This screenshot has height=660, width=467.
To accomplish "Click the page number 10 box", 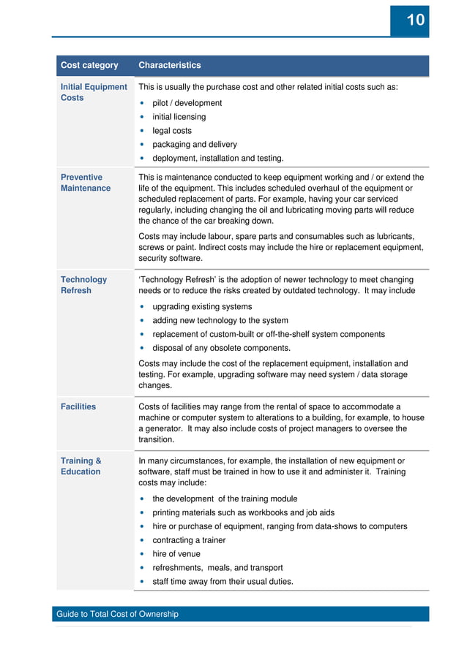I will pyautogui.click(x=415, y=20).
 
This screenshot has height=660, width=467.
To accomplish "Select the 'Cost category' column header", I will pyautogui.click(x=89, y=65).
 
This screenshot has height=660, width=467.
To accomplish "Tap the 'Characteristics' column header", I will pyautogui.click(x=169, y=65).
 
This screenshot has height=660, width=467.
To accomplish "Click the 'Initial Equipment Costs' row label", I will pyautogui.click(x=94, y=92).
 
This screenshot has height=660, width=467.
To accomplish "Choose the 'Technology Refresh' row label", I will pyautogui.click(x=83, y=285).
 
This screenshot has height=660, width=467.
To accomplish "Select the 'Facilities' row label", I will pyautogui.click(x=78, y=406).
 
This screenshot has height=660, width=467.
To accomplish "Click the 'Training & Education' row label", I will pyautogui.click(x=81, y=466).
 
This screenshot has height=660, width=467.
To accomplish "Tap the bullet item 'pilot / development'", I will pyautogui.click(x=187, y=103).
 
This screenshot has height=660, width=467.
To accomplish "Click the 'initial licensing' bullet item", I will pyautogui.click(x=179, y=117).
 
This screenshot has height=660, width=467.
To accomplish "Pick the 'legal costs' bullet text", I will pyautogui.click(x=172, y=131).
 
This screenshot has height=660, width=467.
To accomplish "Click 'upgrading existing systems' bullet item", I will pyautogui.click(x=202, y=307).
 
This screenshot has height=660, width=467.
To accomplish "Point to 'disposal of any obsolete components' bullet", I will pyautogui.click(x=221, y=348).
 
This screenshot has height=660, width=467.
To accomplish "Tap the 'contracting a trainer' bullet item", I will pyautogui.click(x=189, y=540).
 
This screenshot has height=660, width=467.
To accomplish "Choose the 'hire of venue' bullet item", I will pyautogui.click(x=176, y=554).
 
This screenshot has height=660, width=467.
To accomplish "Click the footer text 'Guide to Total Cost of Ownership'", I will pyautogui.click(x=117, y=614).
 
